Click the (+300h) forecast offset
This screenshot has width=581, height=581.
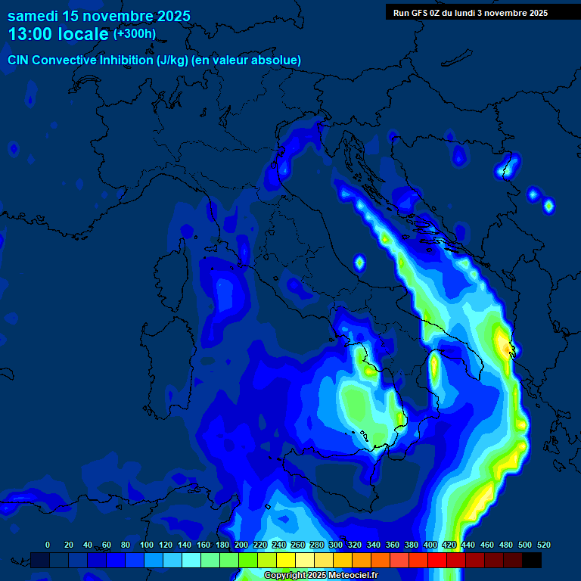click(x=134, y=34)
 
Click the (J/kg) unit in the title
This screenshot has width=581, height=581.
click(x=172, y=60)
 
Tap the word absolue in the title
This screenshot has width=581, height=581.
click(x=277, y=60)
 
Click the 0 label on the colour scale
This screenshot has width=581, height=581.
click(x=48, y=545)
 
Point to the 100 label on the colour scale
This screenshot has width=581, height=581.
click(x=146, y=545)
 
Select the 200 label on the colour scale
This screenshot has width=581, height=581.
click(x=241, y=545)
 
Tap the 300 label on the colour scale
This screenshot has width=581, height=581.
click(x=335, y=545)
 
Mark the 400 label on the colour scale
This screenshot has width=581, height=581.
click(x=430, y=545)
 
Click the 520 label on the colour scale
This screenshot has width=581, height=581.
click(x=543, y=545)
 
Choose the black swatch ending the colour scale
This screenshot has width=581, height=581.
click(x=532, y=560)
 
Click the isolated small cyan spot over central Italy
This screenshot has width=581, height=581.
click(x=359, y=263)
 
